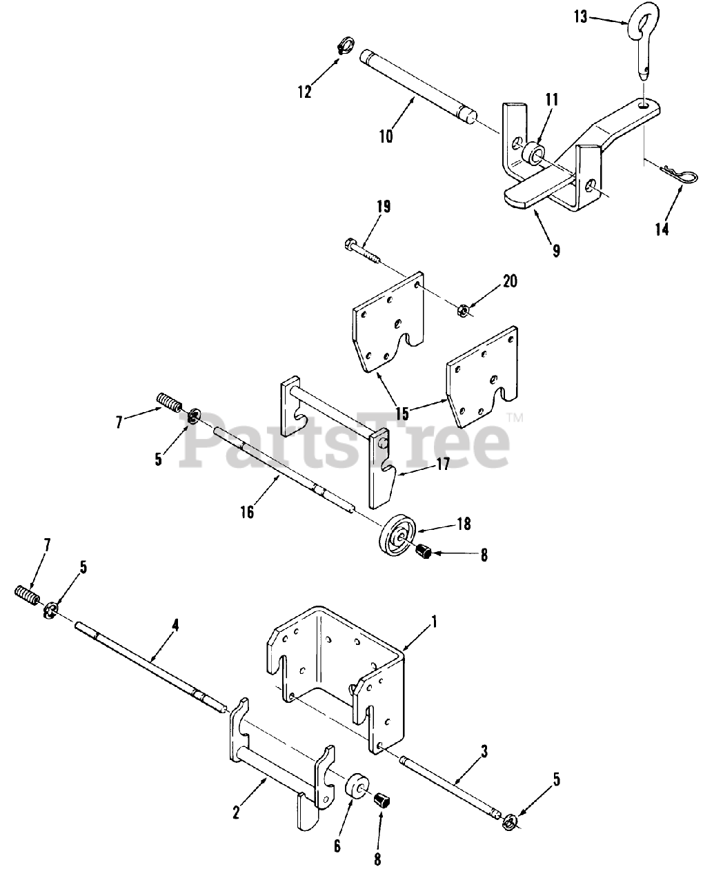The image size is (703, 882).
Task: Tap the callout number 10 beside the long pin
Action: [386, 136]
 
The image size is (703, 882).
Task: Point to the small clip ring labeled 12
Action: [342, 47]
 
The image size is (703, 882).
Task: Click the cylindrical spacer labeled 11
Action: [532, 152]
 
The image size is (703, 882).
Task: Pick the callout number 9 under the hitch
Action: [555, 250]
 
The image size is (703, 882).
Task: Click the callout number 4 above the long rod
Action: [175, 625]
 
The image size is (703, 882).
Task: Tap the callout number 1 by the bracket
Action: [434, 622]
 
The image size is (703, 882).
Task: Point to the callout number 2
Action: [237, 812]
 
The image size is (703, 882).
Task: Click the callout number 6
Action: [337, 846]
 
